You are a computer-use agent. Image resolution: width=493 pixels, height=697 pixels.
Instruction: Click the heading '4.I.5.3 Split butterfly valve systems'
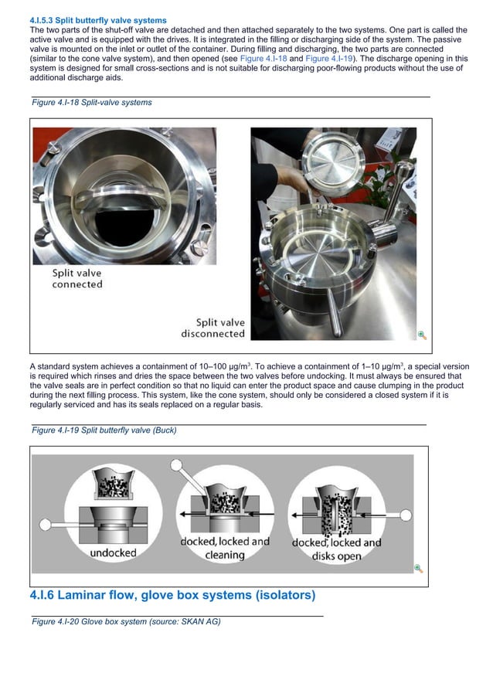tap(97, 20)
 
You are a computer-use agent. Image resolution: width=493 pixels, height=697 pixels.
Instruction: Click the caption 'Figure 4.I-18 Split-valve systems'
tap(91, 102)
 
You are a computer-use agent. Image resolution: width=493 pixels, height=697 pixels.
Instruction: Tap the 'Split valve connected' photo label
tap(77, 278)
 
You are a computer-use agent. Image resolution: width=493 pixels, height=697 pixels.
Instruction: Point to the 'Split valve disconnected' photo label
tap(213, 328)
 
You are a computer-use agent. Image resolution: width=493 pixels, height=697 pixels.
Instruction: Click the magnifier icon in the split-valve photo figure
tap(422, 335)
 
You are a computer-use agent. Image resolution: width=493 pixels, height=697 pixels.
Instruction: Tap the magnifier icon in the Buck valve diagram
tap(418, 568)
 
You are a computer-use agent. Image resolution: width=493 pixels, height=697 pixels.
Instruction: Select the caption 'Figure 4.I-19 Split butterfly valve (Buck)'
tap(104, 430)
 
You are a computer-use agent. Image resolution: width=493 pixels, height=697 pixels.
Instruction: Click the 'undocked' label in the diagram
tap(114, 553)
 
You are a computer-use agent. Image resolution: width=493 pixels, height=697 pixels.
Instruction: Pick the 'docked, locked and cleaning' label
tap(225, 548)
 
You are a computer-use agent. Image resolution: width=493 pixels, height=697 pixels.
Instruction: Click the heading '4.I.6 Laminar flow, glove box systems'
tap(172, 596)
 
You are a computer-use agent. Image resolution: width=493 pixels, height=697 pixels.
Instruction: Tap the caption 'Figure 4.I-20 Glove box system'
tap(125, 621)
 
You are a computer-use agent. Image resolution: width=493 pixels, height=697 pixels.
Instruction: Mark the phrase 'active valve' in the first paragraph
tap(55, 39)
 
